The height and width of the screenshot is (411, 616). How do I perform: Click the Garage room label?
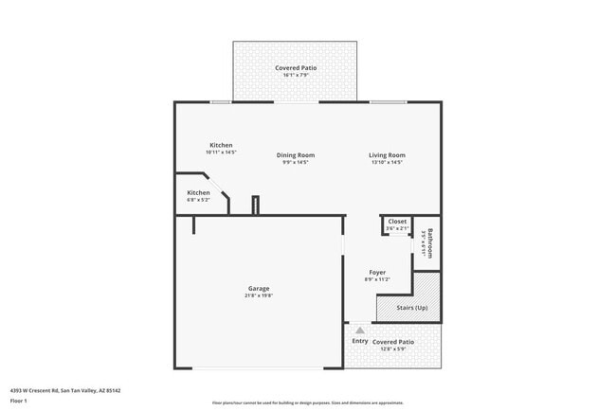tap(259, 288)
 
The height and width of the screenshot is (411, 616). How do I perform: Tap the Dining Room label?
tap(296, 155)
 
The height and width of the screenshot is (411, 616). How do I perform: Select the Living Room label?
tap(387, 155)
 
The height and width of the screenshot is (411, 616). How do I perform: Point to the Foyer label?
tap(377, 273)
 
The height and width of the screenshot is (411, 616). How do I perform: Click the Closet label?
tap(397, 221)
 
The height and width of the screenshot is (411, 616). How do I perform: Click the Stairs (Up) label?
tap(408, 308)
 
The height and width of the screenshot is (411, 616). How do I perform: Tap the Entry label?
tap(360, 341)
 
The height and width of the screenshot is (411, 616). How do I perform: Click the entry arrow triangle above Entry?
tap(359, 331)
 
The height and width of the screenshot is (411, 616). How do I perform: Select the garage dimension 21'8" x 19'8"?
tap(259, 295)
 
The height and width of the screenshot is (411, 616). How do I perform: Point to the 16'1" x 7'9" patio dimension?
tap(296, 76)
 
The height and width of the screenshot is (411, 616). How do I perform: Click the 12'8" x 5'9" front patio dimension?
tap(392, 348)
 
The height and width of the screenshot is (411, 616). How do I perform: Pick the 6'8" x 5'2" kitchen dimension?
tap(198, 200)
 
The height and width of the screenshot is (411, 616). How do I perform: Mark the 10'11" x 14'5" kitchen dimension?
tap(221, 152)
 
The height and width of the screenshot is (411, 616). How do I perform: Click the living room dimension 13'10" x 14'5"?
tap(387, 163)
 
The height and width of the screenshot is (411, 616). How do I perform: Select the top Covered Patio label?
tap(296, 68)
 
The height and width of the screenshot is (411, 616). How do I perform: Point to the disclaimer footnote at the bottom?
tap(308, 402)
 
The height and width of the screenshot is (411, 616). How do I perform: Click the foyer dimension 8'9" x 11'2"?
tap(377, 280)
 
